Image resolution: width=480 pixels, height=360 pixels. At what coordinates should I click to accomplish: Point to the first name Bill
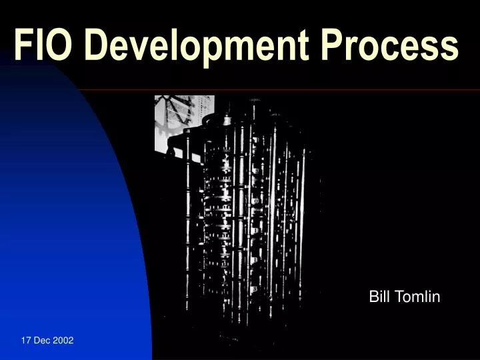(379, 297)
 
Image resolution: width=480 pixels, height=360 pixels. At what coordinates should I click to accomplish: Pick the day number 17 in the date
(26, 340)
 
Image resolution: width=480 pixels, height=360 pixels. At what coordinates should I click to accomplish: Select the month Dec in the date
(43, 340)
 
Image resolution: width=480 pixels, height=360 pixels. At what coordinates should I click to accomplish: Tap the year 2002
(63, 340)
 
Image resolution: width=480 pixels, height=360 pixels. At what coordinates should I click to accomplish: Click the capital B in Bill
(373, 297)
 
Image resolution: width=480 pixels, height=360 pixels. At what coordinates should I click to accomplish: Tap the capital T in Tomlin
(397, 297)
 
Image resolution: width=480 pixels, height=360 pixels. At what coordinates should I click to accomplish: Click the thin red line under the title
(300, 89)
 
